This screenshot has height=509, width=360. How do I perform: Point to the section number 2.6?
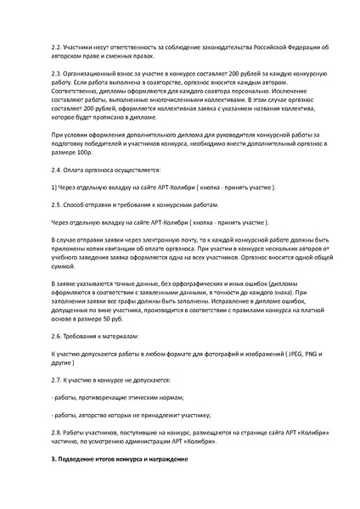point(57,336)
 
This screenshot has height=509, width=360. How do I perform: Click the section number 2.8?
point(57,433)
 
